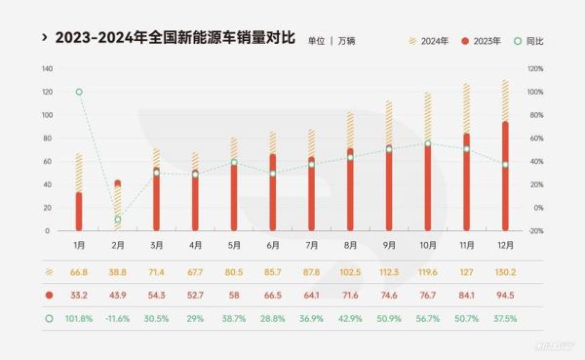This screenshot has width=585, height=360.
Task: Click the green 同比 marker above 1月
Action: coord(79,92)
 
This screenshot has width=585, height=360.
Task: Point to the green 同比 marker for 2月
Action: coord(118,220)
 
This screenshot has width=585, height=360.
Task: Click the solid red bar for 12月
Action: coord(505,176)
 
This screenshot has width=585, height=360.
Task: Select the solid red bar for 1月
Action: coord(79,211)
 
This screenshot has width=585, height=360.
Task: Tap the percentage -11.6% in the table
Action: coord(118,317)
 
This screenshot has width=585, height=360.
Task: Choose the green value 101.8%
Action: coord(79,317)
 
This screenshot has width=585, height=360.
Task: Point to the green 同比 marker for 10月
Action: coord(428,143)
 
